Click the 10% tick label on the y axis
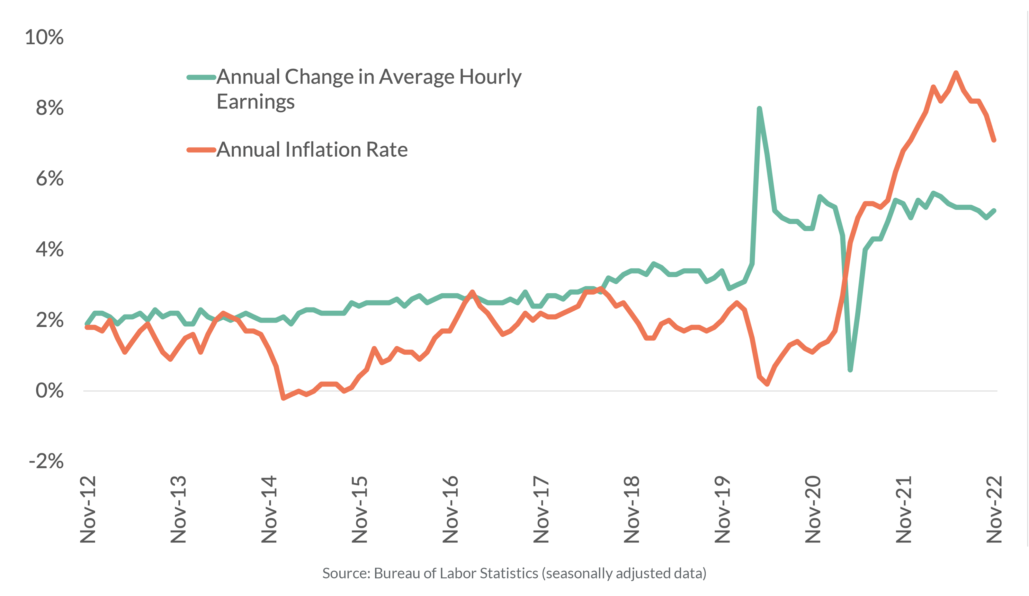[44, 37]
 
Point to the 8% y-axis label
[49, 108]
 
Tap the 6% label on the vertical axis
[49, 179]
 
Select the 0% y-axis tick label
[49, 391]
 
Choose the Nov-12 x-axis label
[88, 509]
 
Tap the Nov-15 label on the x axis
[360, 509]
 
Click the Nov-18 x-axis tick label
[632, 509]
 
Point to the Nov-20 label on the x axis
[813, 509]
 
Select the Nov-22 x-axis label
[994, 509]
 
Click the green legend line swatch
[201, 77]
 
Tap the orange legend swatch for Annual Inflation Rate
[201, 150]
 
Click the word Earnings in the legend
[255, 101]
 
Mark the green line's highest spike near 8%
[759, 109]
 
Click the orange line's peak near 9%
[956, 73]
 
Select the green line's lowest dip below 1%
[850, 370]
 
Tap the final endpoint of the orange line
[994, 140]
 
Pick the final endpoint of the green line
[994, 211]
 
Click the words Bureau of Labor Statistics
[456, 573]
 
